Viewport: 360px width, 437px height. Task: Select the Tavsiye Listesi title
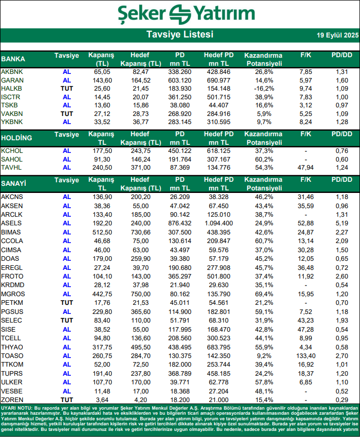(x=180, y=34)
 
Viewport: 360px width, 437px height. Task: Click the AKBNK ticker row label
(x=12, y=72)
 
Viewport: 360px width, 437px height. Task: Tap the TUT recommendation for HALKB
(x=67, y=88)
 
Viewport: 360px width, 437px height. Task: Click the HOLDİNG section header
(x=17, y=138)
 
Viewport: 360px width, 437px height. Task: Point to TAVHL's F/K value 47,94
(x=305, y=167)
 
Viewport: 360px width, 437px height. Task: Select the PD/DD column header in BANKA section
(x=341, y=55)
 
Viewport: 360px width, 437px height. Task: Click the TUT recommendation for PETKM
(x=67, y=302)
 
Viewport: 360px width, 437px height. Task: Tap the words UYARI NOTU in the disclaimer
(x=17, y=408)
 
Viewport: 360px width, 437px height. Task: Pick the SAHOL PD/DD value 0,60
(x=341, y=159)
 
